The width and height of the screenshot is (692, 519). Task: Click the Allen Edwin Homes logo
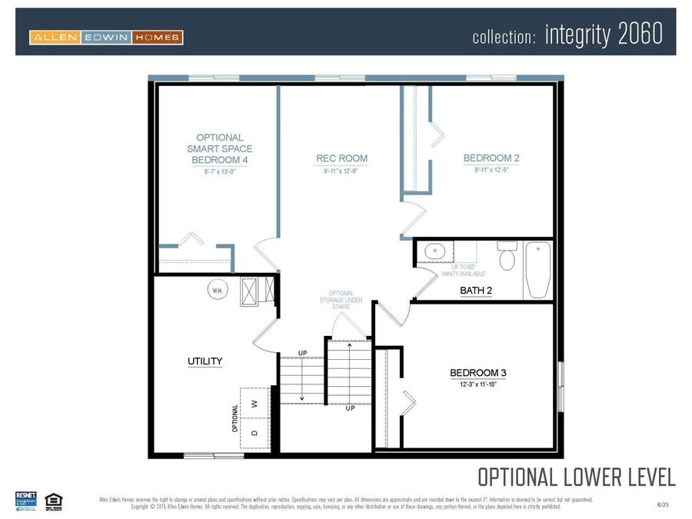(x=106, y=37)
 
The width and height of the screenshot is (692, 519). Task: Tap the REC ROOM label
(x=341, y=158)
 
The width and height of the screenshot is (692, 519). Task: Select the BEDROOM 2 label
(x=491, y=158)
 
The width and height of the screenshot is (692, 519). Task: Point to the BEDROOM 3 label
(x=477, y=373)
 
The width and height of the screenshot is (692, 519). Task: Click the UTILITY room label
(x=205, y=361)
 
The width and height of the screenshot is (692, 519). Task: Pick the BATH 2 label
(x=476, y=291)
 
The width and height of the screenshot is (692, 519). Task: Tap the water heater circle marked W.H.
(x=217, y=290)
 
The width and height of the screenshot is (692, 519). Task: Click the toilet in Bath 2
(x=507, y=258)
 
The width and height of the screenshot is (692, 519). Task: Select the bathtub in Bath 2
(x=537, y=269)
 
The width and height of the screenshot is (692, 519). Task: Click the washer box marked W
(x=255, y=401)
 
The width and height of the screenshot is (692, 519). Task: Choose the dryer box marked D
(x=255, y=432)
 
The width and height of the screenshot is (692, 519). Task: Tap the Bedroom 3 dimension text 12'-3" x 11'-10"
(x=477, y=384)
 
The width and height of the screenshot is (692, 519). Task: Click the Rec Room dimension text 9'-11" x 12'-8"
(x=341, y=171)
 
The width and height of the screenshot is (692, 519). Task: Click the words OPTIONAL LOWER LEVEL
(x=577, y=477)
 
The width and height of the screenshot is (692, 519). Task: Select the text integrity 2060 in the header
(x=604, y=35)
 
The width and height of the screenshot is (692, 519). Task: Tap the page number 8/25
(x=663, y=504)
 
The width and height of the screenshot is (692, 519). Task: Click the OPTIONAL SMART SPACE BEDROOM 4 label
(x=219, y=148)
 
